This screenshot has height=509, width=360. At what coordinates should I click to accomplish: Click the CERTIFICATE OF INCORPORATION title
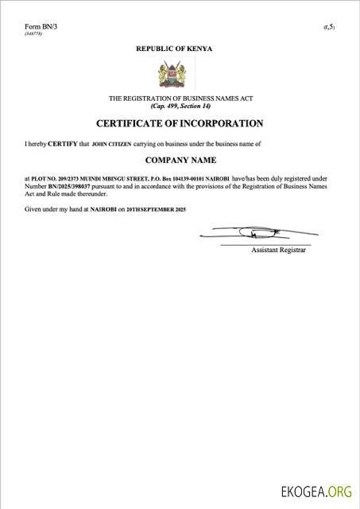click(x=180, y=123)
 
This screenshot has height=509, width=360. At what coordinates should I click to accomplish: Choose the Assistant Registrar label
click(x=278, y=250)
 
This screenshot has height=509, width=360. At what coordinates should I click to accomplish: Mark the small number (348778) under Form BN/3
click(x=33, y=34)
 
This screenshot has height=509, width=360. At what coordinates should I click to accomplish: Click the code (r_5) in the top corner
click(x=329, y=28)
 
